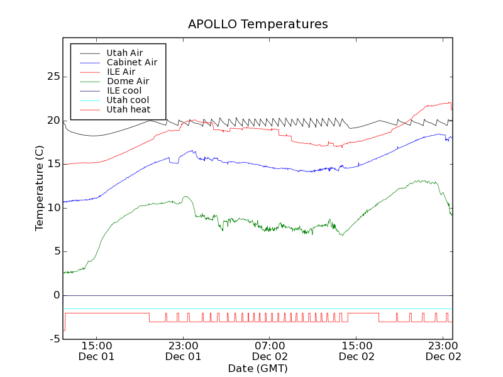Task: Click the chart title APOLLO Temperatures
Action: [x=258, y=25]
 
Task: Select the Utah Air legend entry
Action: [x=124, y=53]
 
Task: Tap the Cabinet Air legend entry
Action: [x=131, y=62]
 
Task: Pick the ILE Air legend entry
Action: [x=121, y=72]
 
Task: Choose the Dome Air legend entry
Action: [x=128, y=81]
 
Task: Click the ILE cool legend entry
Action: [x=124, y=90]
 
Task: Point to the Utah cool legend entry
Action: [x=128, y=100]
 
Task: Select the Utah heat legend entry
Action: [x=128, y=109]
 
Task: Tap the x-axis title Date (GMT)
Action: [x=258, y=368]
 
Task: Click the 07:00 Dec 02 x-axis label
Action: [x=270, y=351]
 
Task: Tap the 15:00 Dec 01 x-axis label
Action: [x=97, y=351]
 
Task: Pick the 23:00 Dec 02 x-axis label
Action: [x=443, y=351]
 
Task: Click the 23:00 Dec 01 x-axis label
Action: [x=184, y=351]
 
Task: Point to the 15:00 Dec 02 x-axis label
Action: [x=357, y=351]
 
